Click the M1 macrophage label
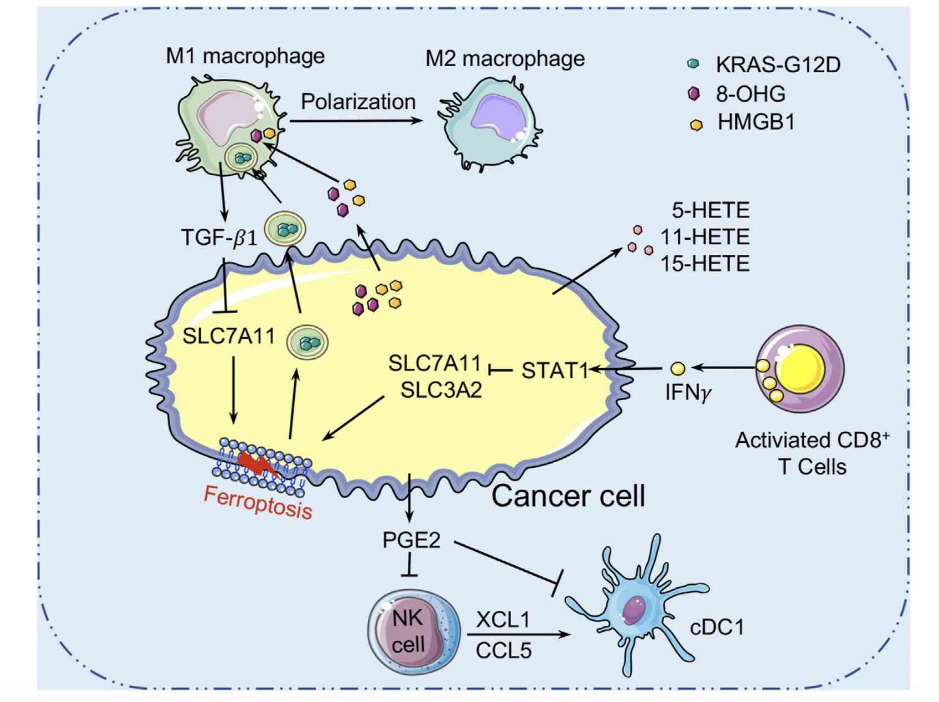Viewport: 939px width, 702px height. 245,56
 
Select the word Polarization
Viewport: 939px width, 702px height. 358,102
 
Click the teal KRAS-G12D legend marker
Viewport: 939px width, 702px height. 693,63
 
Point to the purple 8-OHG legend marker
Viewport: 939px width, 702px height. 694,93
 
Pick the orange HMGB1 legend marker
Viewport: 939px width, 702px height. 696,125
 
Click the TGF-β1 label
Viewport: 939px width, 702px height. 219,238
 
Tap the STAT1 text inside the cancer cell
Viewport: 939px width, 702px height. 555,370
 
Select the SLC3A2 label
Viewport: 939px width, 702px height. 441,390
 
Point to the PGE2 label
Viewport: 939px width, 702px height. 411,540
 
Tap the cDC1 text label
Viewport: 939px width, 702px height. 716,627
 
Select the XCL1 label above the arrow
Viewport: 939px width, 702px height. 503,619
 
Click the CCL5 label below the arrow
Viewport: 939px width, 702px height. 503,650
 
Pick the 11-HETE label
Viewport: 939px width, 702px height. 705,237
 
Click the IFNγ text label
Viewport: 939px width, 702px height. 688,393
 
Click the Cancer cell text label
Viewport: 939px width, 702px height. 568,496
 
